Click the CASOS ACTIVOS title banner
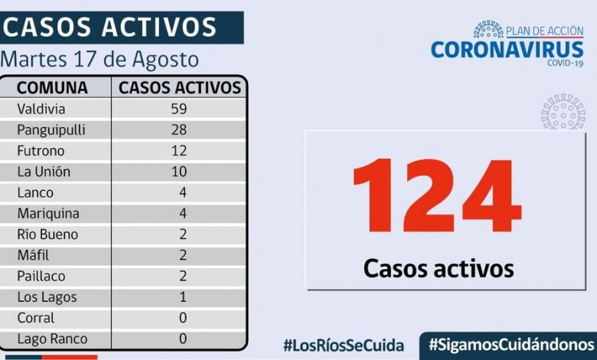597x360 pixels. click(111, 27)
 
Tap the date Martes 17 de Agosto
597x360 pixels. click(100, 60)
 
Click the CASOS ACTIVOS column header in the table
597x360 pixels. click(180, 87)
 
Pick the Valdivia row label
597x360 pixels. click(42, 109)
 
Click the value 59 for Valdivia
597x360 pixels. click(180, 109)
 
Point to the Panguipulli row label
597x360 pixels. click(51, 129)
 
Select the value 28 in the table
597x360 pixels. click(180, 129)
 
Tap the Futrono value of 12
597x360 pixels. click(180, 151)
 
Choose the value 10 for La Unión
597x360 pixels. click(180, 172)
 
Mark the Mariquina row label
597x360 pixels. click(48, 214)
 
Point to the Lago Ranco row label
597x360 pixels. click(52, 339)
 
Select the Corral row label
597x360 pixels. click(36, 318)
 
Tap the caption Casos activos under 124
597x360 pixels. click(438, 268)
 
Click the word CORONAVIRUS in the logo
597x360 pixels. click(507, 50)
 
